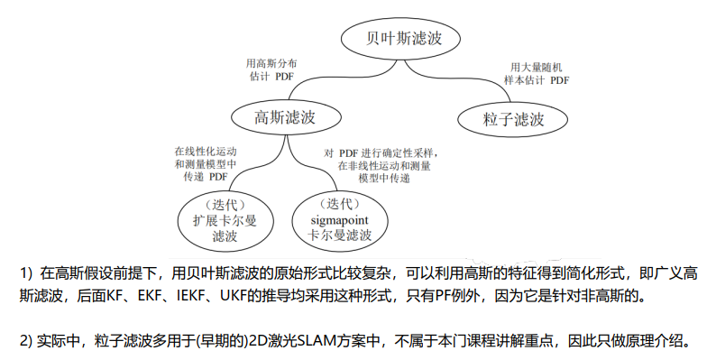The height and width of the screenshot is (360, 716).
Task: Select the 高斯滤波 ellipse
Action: pos(284,116)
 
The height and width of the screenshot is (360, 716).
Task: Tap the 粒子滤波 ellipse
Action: pos(513,117)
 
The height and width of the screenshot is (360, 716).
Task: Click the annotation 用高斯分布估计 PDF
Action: pos(271,70)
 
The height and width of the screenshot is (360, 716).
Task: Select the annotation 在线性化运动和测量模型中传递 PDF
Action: pos(206,164)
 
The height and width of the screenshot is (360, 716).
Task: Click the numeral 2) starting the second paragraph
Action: pos(26,341)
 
